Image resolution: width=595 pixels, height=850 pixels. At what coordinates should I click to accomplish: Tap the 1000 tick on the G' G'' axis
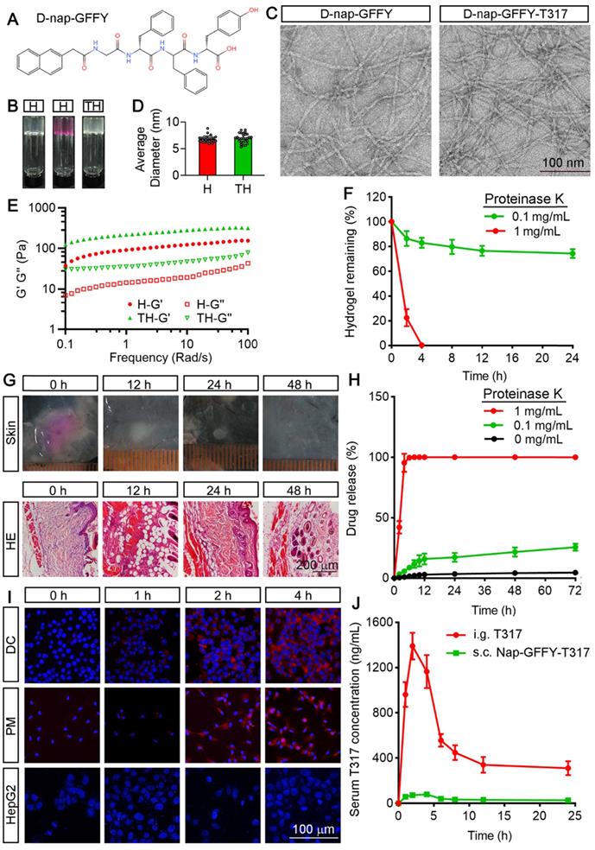(39, 208)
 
